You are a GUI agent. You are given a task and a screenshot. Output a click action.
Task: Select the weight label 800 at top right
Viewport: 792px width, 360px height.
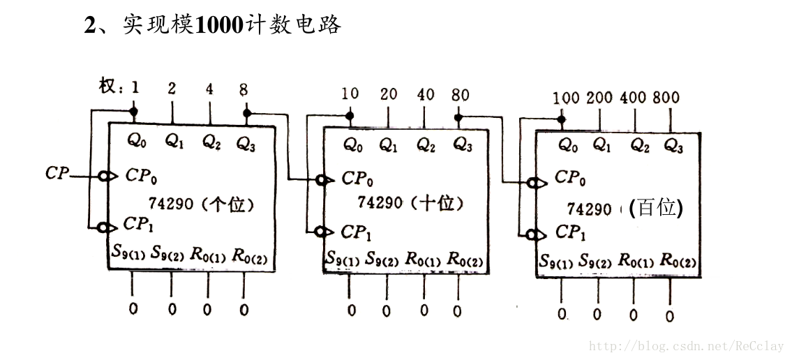(x=666, y=98)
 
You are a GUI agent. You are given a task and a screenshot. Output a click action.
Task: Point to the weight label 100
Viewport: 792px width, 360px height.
(x=566, y=98)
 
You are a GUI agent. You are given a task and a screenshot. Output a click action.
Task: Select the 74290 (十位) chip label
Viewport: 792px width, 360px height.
(x=410, y=203)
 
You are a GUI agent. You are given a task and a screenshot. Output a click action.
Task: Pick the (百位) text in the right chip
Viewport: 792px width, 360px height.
(x=655, y=207)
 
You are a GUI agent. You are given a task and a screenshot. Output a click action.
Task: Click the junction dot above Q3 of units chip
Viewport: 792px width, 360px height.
(x=246, y=112)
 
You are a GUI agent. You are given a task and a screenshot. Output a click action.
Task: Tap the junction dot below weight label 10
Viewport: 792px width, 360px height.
(x=350, y=116)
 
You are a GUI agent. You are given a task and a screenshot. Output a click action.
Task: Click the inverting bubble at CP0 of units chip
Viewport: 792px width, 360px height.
(x=104, y=175)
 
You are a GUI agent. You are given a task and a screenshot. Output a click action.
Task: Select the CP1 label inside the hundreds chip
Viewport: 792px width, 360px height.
(x=570, y=232)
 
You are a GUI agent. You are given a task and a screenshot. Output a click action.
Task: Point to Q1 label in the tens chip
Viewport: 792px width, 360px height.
(x=389, y=144)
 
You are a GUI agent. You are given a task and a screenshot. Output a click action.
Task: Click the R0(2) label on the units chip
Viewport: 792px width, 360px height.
(x=250, y=253)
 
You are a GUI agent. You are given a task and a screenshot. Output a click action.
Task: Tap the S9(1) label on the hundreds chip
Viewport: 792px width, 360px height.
(x=556, y=262)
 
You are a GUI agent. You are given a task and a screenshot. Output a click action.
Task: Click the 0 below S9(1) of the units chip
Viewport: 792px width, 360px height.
(x=133, y=308)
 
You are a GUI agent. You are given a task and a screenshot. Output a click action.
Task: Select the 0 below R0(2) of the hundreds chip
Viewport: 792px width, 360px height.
(x=669, y=316)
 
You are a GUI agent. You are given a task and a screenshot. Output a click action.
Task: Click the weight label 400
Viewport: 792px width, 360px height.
(x=633, y=98)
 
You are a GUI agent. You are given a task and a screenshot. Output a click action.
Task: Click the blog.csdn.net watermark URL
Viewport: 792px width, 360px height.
(x=687, y=345)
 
